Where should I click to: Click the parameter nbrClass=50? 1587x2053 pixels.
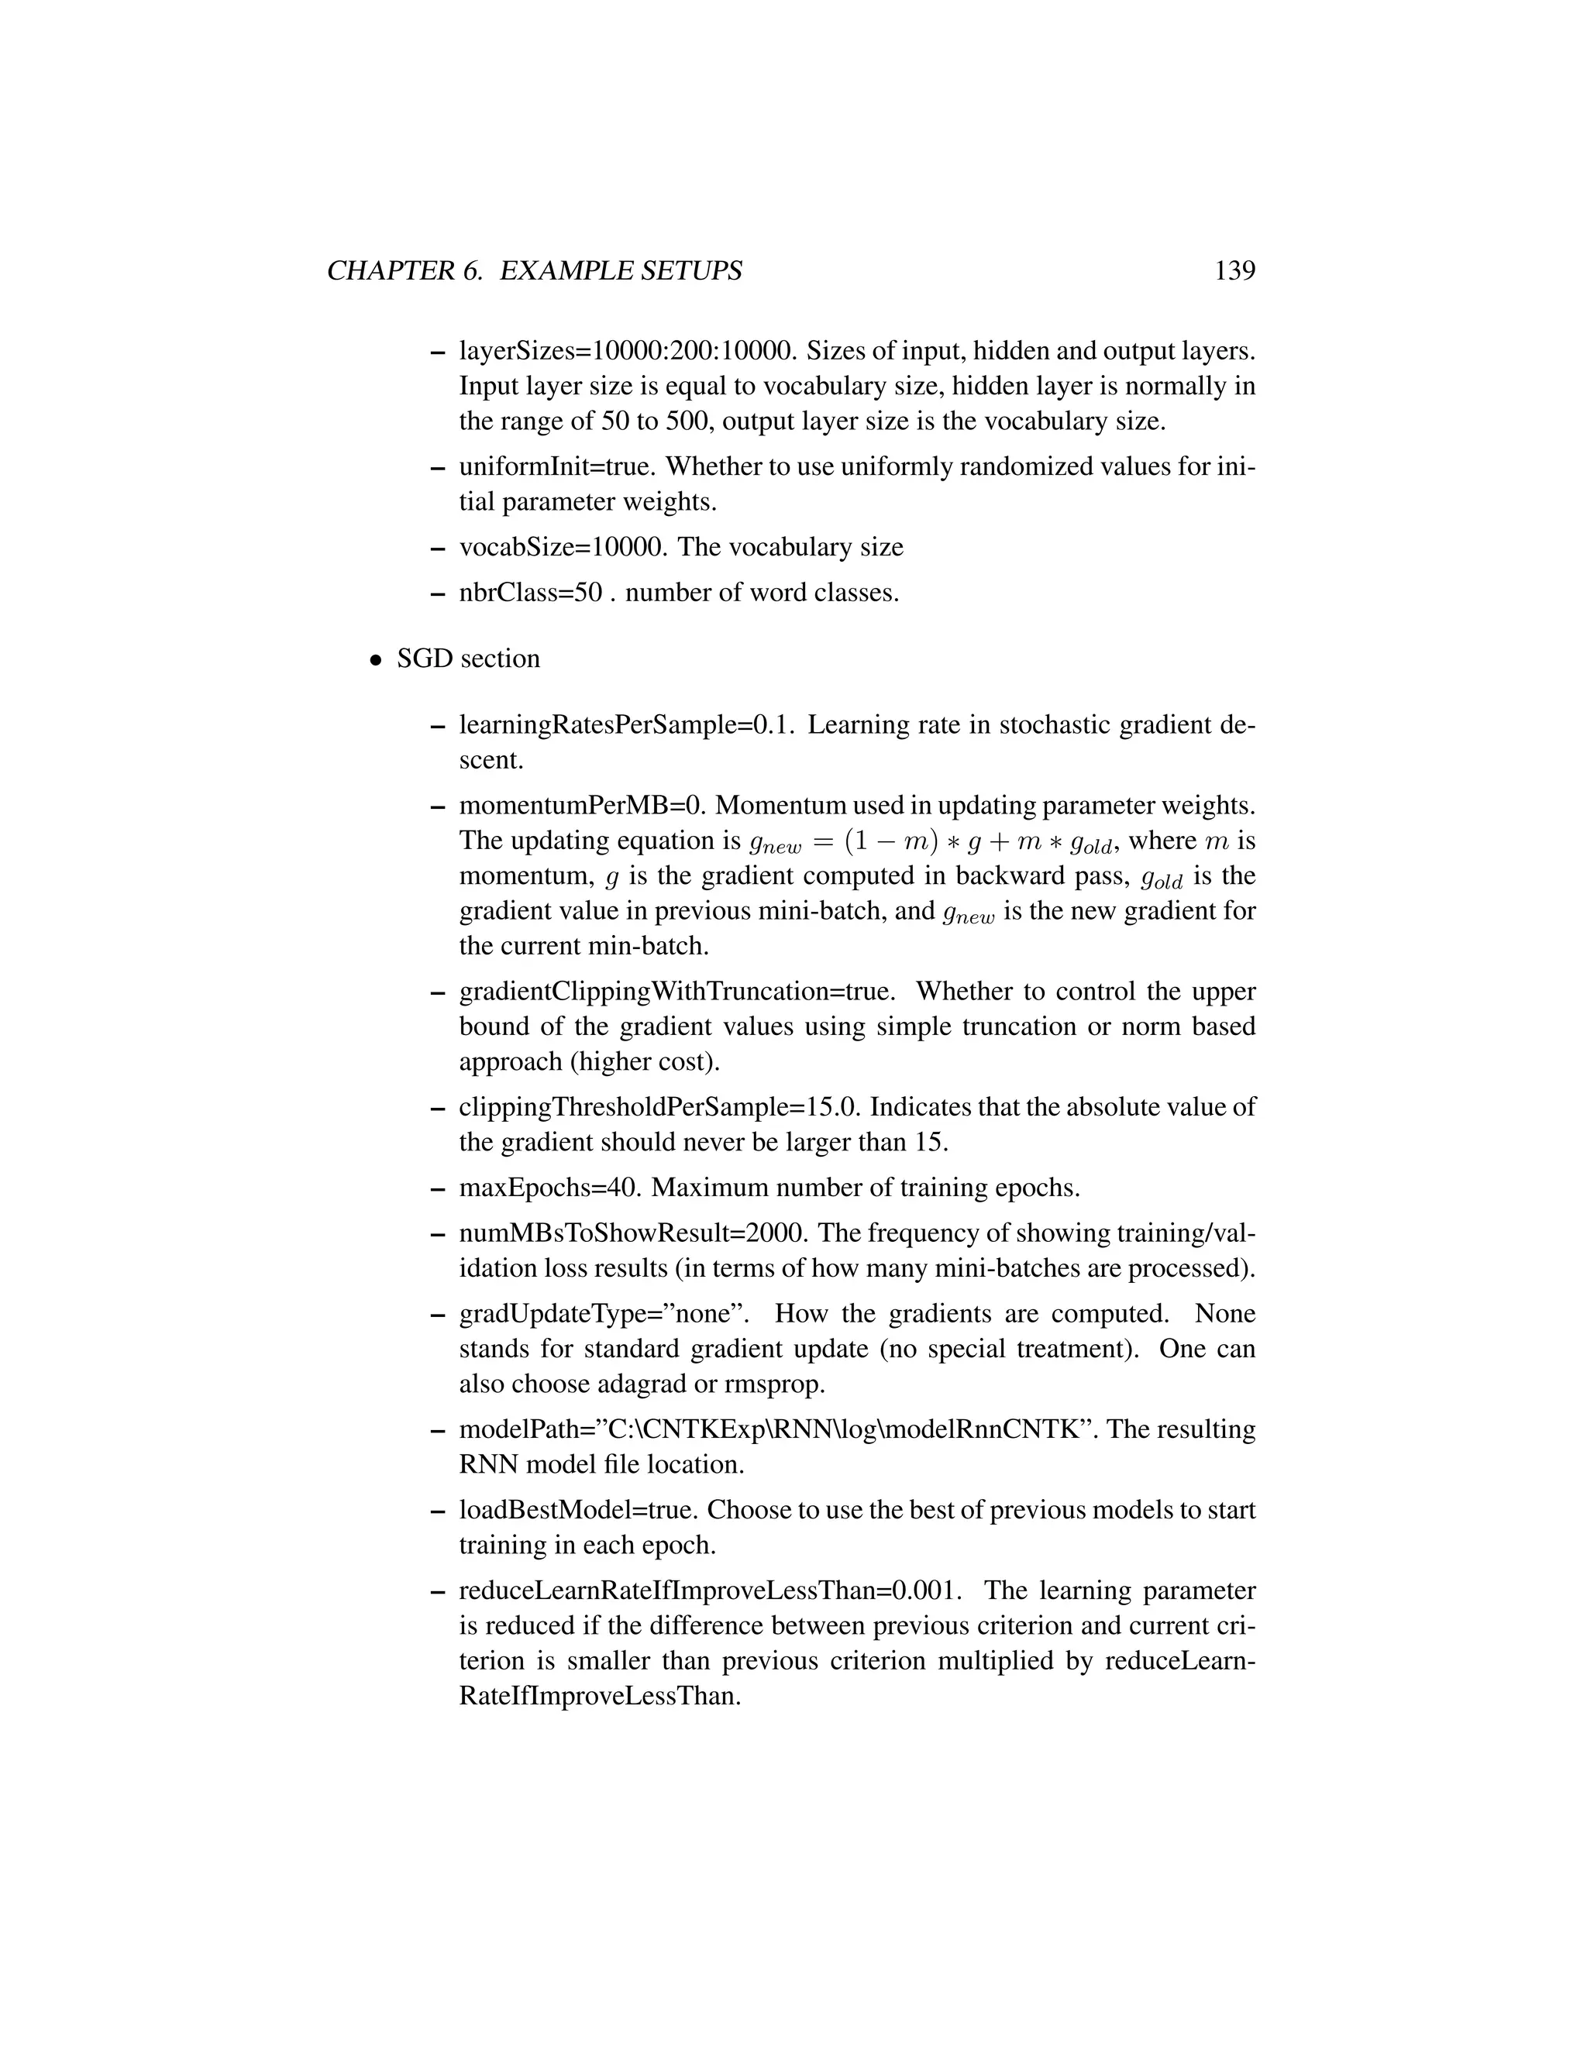click(530, 594)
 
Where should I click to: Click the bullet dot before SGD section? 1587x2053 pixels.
click(375, 661)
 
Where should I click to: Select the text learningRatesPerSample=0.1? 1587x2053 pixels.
click(627, 726)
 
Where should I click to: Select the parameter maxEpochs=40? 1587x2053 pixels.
click(550, 1189)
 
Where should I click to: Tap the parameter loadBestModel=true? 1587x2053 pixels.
click(577, 1511)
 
